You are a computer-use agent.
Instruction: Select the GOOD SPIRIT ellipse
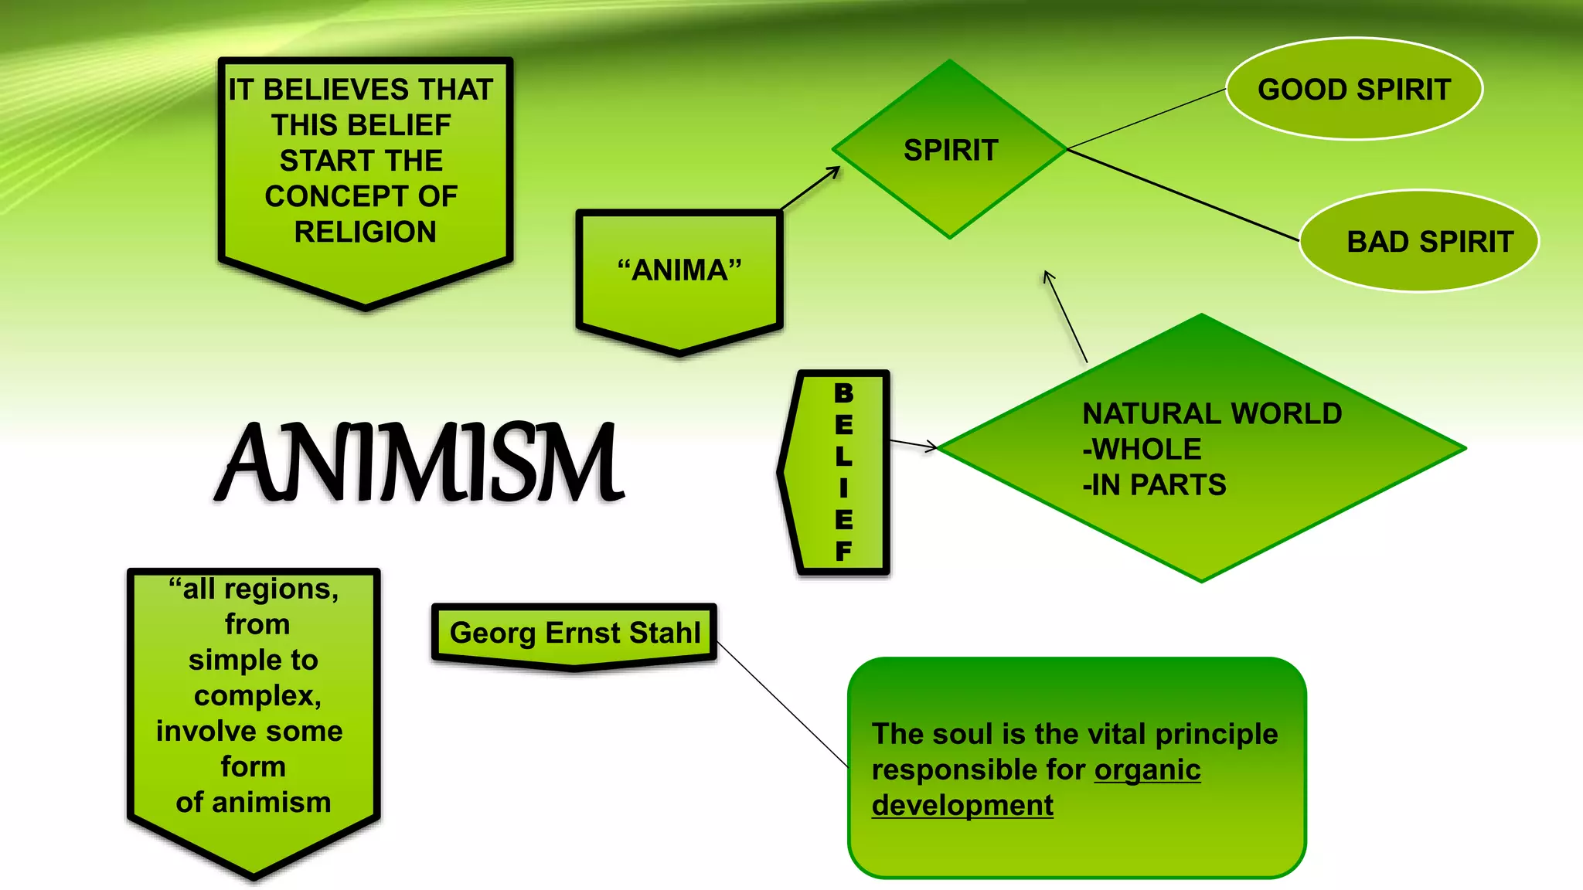pyautogui.click(x=1353, y=90)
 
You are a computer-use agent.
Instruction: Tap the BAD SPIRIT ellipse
pyautogui.click(x=1419, y=242)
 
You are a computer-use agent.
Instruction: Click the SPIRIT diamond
pyautogui.click(x=950, y=150)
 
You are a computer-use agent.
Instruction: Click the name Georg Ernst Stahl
pyautogui.click(x=575, y=633)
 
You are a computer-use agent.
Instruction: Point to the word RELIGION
pyautogui.click(x=365, y=232)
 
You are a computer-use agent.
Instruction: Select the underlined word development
pyautogui.click(x=962, y=805)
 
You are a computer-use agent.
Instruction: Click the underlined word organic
pyautogui.click(x=1147, y=769)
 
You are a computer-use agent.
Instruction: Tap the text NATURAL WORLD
pyautogui.click(x=1212, y=414)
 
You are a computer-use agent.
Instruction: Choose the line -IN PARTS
pyautogui.click(x=1154, y=485)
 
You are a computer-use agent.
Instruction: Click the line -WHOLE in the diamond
pyautogui.click(x=1142, y=450)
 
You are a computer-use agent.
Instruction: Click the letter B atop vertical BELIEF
pyautogui.click(x=843, y=393)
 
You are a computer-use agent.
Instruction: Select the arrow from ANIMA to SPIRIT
pyautogui.click(x=810, y=188)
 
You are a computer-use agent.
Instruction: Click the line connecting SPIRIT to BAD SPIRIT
pyautogui.click(x=1183, y=195)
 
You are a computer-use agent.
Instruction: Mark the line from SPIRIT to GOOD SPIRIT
pyautogui.click(x=1146, y=119)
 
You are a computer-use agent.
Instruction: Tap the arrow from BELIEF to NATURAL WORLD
pyautogui.click(x=913, y=444)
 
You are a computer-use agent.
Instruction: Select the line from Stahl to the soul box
pyautogui.click(x=782, y=703)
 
